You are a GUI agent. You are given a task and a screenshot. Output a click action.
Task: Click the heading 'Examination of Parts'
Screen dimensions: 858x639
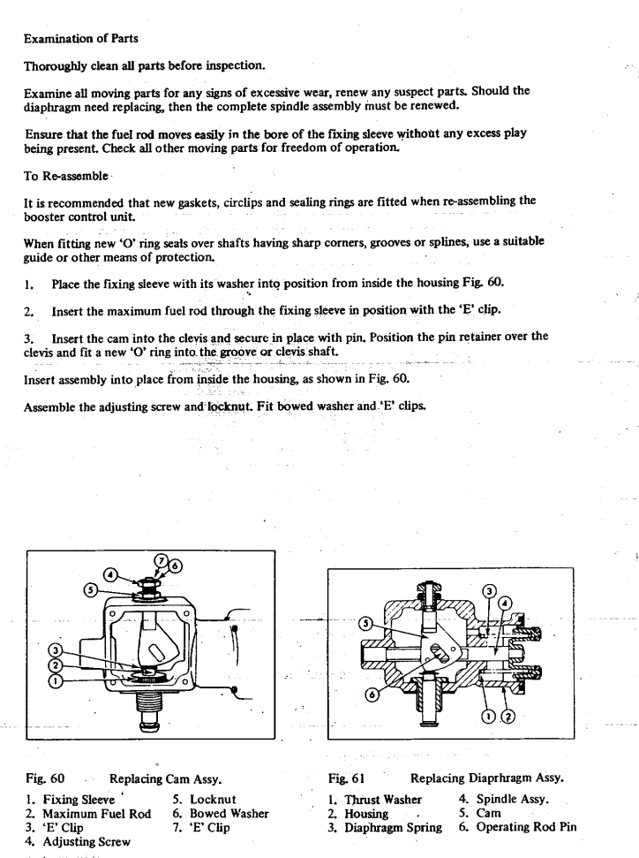(79, 39)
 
